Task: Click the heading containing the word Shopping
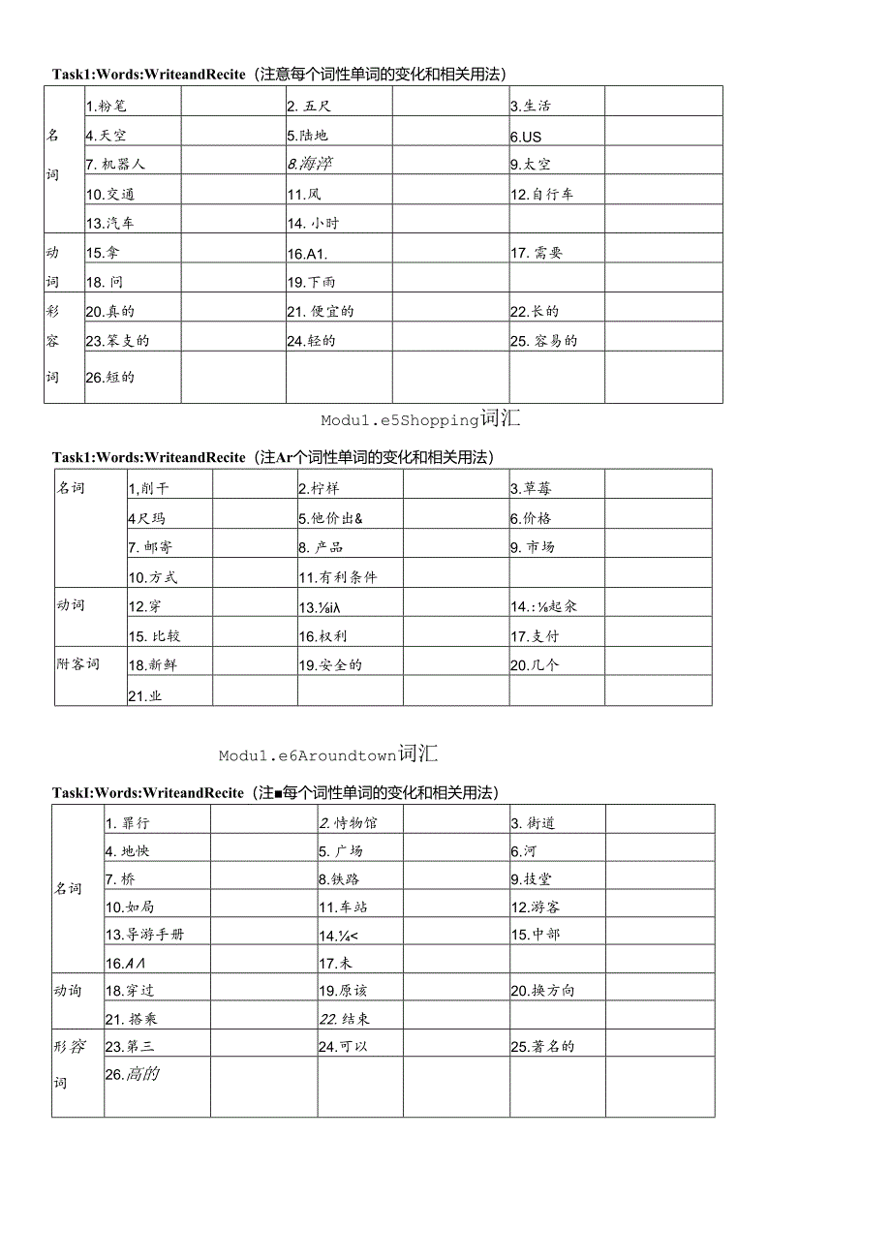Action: [420, 419]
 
